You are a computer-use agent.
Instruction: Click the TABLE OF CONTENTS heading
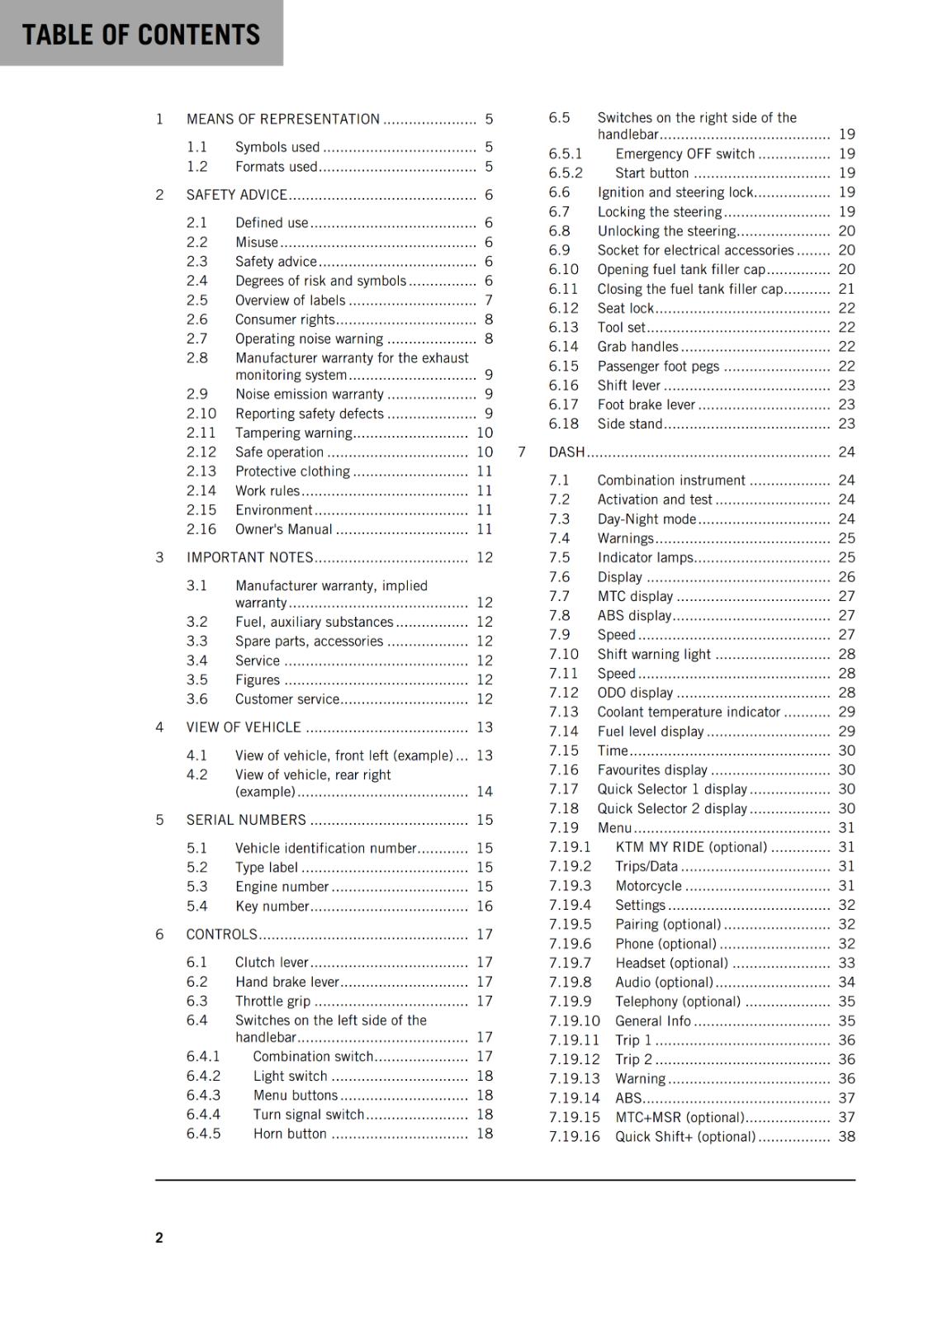pos(140,34)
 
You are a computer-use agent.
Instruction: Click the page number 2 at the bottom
pos(159,1237)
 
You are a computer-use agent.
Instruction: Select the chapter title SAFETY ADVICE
pos(236,195)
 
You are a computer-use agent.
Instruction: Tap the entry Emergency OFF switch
pos(684,154)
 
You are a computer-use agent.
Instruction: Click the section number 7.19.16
pos(574,1136)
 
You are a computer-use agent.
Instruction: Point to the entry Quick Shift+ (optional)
pos(684,1136)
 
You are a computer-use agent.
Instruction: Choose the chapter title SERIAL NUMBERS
pos(246,820)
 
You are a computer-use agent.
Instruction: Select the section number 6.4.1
pos(203,1056)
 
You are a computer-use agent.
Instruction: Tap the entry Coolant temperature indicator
pos(689,712)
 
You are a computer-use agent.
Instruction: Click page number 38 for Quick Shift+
pos(846,1136)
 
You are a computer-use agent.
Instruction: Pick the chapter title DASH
pos(566,452)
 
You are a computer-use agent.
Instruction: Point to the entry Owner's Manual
pos(283,529)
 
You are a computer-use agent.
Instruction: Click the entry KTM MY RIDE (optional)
pos(690,847)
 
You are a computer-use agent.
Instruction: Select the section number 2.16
pos(201,529)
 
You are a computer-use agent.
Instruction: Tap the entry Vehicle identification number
pos(325,848)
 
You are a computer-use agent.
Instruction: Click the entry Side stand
pos(629,424)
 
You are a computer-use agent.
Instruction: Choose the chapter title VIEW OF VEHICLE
pos(244,727)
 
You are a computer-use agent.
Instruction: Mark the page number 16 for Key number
pos(484,906)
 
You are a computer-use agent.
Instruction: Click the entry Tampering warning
pos(293,433)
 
